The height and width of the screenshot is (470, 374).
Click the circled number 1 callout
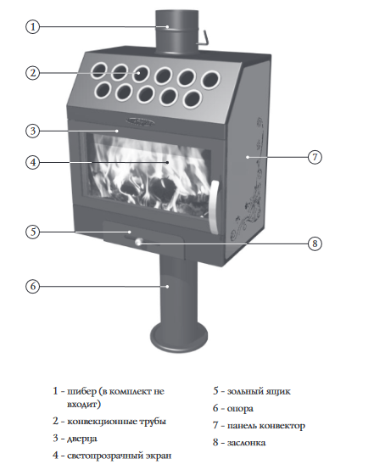tap(33, 26)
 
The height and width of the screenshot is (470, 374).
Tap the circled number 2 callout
tap(33, 73)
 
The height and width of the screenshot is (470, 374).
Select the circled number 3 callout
tap(33, 131)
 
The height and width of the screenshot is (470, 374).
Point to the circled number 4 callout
tap(33, 162)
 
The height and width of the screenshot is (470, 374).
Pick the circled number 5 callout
tap(33, 232)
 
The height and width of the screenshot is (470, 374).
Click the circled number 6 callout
tap(33, 286)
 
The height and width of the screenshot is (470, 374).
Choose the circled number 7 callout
tap(315, 157)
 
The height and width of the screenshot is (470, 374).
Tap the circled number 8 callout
tap(315, 243)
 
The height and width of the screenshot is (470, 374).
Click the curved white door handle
tap(215, 207)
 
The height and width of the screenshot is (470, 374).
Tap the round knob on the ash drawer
tap(138, 242)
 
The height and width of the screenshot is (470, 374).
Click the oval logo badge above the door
tap(140, 121)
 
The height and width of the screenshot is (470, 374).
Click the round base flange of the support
tap(179, 337)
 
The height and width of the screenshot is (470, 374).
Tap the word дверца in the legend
tap(82, 439)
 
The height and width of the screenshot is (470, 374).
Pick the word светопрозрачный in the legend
tap(105, 456)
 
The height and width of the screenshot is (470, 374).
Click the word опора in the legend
tap(240, 409)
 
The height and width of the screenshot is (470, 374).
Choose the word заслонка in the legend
tap(246, 443)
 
